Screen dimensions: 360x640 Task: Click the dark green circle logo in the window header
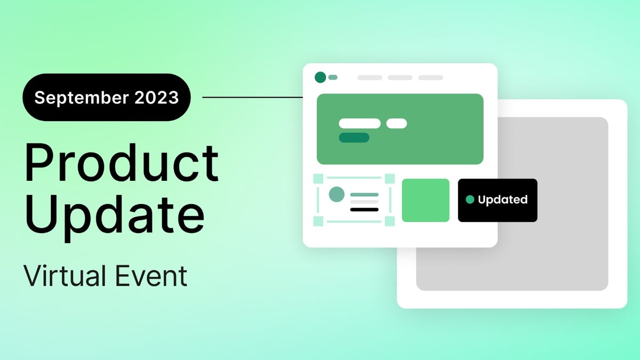tap(320, 77)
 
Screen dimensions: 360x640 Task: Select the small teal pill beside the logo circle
tap(333, 77)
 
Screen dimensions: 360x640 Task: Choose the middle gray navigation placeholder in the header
tap(400, 78)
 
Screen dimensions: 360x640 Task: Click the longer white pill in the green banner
tap(359, 123)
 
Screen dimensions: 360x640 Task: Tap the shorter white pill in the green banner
tap(396, 123)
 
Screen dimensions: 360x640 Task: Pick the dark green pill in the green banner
tap(354, 138)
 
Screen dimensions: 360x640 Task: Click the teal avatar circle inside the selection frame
tap(337, 194)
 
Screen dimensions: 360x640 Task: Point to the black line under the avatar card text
tap(364, 210)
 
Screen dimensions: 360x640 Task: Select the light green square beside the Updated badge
tap(426, 200)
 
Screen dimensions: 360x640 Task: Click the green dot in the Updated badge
tap(470, 199)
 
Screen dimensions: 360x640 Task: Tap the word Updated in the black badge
tap(502, 199)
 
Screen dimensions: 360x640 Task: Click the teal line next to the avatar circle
tap(364, 195)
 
